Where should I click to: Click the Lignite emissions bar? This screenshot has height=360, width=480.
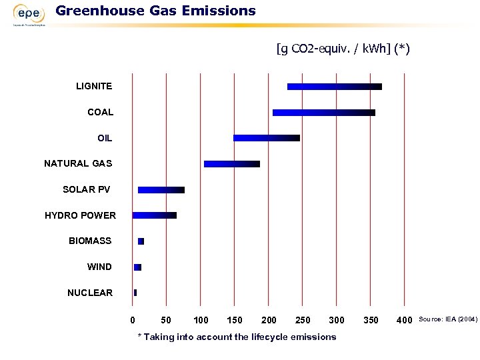point(334,87)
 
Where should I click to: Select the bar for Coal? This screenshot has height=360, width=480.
point(323,113)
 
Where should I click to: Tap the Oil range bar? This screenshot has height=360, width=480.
point(266,138)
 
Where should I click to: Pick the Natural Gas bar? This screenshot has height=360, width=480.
point(231,164)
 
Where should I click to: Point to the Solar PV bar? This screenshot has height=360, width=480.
point(161,190)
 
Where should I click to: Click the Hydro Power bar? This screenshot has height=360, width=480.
point(154,215)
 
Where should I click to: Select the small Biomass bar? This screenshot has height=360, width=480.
point(141,241)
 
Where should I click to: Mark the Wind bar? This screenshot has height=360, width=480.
point(137,267)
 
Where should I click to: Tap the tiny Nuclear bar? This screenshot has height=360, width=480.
point(135,293)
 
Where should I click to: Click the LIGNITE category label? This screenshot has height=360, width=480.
point(94,86)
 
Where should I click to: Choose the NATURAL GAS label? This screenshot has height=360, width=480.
point(78,163)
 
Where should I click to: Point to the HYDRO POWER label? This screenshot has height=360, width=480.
point(80,215)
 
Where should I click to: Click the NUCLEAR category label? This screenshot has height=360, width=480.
point(90,293)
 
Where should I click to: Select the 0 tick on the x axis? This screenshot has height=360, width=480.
point(133,321)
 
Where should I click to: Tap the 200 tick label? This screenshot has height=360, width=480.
point(269,321)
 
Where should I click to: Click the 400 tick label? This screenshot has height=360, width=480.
point(404,321)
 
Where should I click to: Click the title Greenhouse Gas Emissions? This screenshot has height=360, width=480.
point(155,11)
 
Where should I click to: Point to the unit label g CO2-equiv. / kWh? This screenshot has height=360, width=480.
point(343,49)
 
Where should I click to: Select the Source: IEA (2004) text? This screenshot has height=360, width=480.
point(447,320)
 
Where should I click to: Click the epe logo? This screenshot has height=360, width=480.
point(29,14)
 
